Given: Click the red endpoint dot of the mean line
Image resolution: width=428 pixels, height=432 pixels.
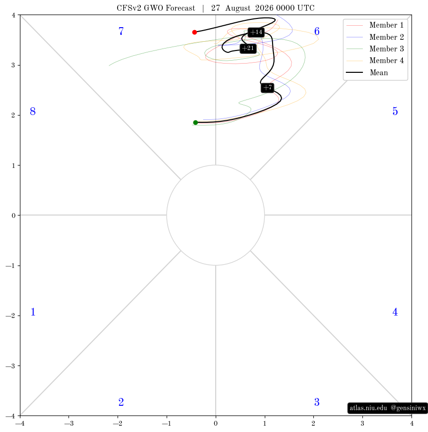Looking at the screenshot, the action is pos(194,32).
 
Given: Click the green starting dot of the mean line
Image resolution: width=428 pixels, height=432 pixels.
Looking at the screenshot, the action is pos(195,123).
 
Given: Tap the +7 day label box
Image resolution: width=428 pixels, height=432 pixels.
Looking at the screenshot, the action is pos(268,87).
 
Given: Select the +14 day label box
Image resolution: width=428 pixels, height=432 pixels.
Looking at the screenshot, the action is pos(256,32).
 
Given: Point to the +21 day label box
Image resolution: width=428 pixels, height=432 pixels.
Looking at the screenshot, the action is pos(248,49).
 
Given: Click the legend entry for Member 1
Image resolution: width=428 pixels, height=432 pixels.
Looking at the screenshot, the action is pos(375,25).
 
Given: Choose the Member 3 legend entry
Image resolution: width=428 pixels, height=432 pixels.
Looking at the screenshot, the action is pos(375,49).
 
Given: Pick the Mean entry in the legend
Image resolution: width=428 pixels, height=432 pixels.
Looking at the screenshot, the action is pos(367,72).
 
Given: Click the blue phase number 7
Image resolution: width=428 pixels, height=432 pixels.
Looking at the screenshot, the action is pos(121,31).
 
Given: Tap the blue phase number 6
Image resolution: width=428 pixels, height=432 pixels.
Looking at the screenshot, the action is pos(317,31).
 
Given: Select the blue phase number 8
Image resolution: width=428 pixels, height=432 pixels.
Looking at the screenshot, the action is pos(33,111).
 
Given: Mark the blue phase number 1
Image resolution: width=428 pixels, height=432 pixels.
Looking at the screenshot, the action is pos(33,312).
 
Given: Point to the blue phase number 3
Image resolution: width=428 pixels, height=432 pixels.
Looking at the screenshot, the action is pos(317,402).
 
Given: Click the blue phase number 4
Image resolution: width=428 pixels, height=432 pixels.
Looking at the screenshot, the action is pos(395,312).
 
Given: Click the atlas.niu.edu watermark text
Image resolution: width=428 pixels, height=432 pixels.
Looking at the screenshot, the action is pos(368,408).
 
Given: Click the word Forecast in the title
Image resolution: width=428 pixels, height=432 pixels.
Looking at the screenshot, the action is pos(180,8).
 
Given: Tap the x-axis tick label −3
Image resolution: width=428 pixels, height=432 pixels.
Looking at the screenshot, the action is pos(69,423).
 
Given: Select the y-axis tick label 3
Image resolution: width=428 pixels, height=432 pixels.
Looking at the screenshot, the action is pos(13,66).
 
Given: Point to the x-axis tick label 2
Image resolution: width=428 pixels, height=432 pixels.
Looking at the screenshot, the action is pos(313,423).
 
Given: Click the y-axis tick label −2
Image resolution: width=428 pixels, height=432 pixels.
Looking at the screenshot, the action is pos(11,316).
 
